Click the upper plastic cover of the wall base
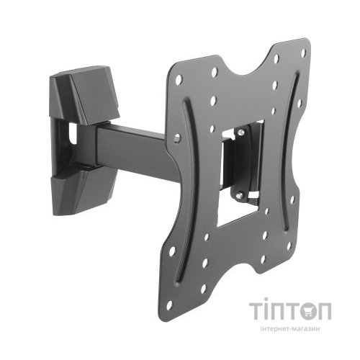[84, 96]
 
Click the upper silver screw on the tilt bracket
[240, 132]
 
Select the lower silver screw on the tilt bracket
[239, 195]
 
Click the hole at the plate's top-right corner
[303, 53]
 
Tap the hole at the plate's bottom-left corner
[169, 305]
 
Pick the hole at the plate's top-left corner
[179, 80]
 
